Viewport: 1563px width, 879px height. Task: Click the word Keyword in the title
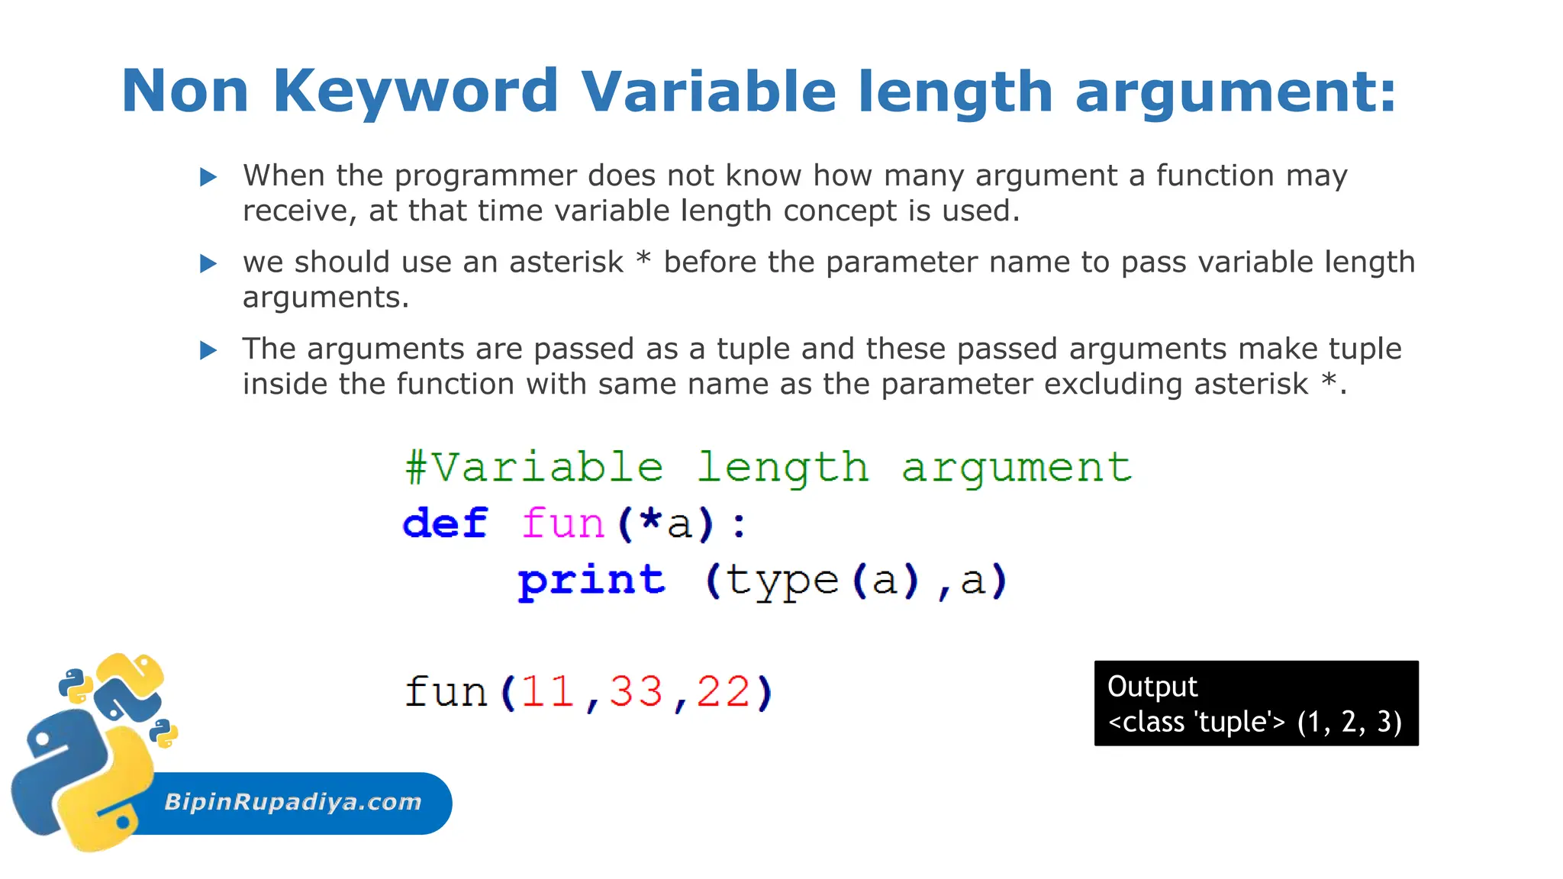(x=415, y=92)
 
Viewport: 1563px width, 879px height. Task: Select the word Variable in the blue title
(x=708, y=92)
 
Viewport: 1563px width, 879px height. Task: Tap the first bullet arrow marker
(x=208, y=178)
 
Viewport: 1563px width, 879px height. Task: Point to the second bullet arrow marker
(x=208, y=264)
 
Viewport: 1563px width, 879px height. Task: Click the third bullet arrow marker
(x=208, y=351)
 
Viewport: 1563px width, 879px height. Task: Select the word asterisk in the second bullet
(x=566, y=262)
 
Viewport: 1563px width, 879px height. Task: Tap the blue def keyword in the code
(x=445, y=523)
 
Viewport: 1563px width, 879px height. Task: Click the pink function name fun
(x=562, y=523)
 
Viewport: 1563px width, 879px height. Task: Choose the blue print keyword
(x=591, y=581)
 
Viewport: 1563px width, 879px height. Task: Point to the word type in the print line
(x=781, y=581)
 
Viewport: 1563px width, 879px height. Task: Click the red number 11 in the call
(x=546, y=692)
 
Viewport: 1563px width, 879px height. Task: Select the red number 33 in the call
(x=635, y=692)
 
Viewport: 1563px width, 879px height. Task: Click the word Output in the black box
(x=1152, y=687)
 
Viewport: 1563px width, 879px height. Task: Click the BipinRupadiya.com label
(x=293, y=802)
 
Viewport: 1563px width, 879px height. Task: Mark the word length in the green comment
(x=783, y=467)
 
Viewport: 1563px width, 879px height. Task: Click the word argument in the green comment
(x=1017, y=467)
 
